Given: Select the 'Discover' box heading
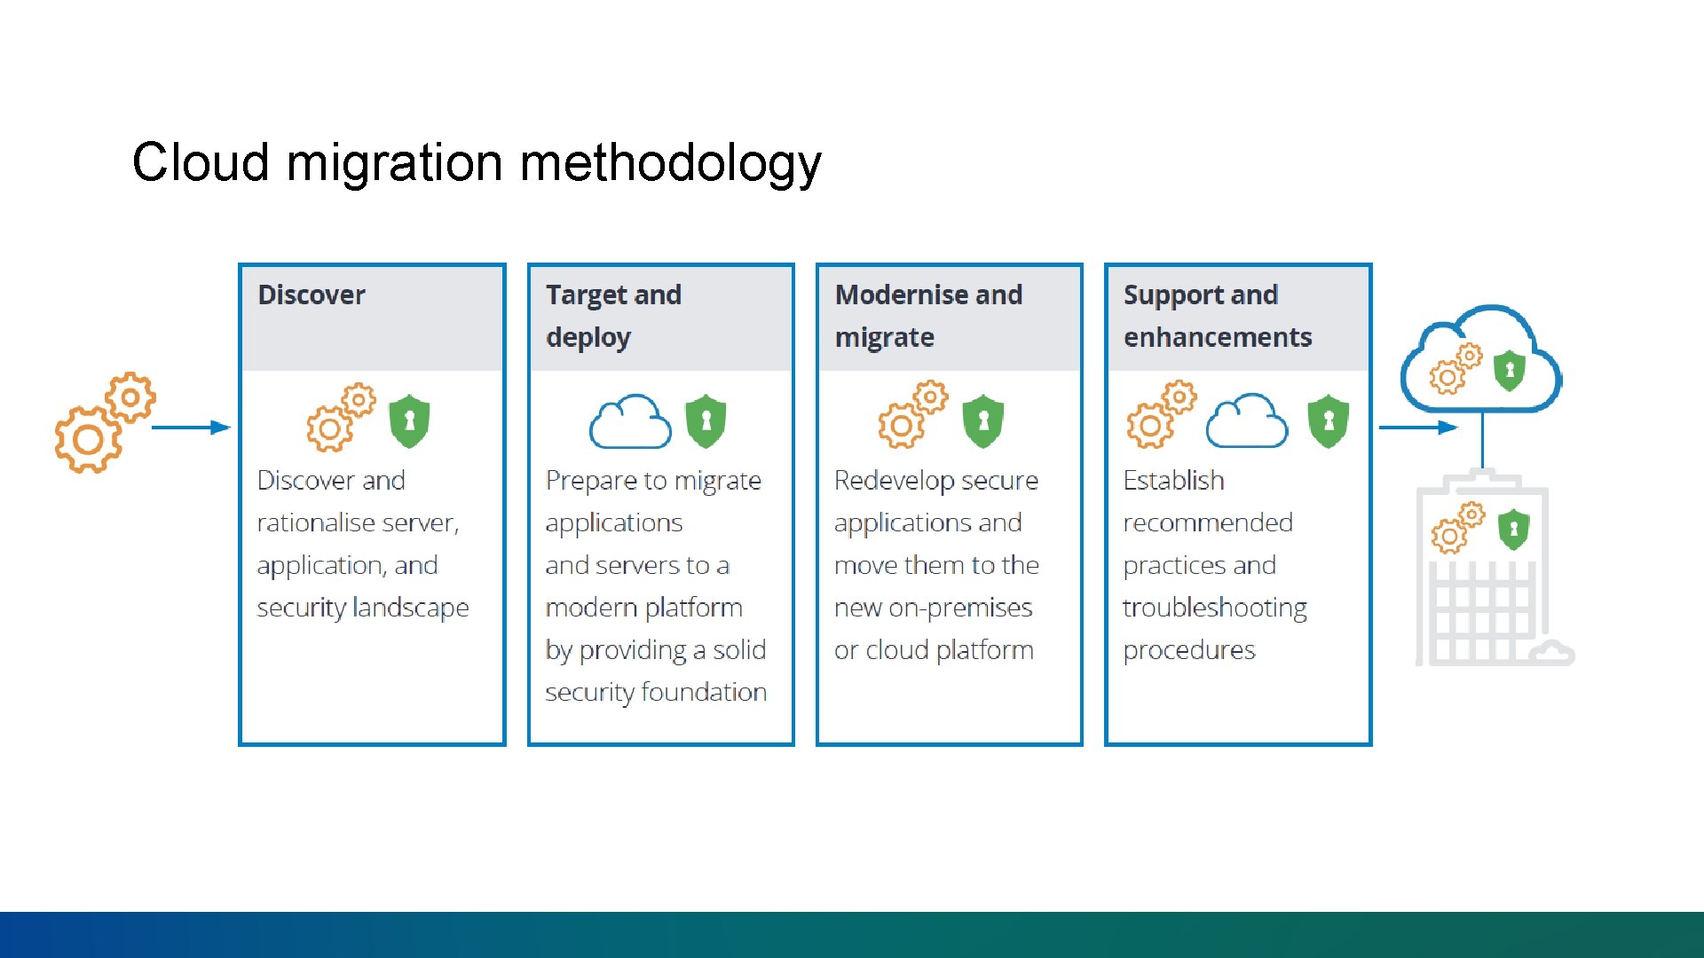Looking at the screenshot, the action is [312, 295].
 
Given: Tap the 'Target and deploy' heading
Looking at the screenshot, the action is [613, 316].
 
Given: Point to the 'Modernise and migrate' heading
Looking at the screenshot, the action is [928, 316].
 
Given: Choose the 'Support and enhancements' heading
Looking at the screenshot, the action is [1217, 316].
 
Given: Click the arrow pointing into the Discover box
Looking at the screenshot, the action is [190, 428].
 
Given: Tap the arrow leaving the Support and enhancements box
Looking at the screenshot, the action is [1416, 428].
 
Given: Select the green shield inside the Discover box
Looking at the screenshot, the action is [409, 421].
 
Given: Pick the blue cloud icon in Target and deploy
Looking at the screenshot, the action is [630, 422].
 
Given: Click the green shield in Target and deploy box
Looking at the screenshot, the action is [706, 421].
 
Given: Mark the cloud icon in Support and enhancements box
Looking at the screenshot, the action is [1247, 421].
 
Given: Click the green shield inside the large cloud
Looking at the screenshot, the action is [1509, 371].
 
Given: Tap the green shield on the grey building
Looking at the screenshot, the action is [1513, 530].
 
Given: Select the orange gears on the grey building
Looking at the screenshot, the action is [1457, 528].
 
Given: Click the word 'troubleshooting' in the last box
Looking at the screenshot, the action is [1214, 609].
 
